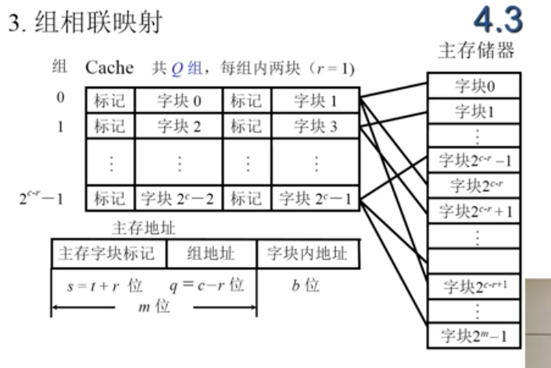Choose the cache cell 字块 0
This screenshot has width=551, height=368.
178,100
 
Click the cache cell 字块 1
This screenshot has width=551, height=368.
315,100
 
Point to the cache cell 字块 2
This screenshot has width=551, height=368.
178,124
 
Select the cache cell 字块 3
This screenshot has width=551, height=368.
315,124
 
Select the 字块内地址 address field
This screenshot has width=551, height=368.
307,254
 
